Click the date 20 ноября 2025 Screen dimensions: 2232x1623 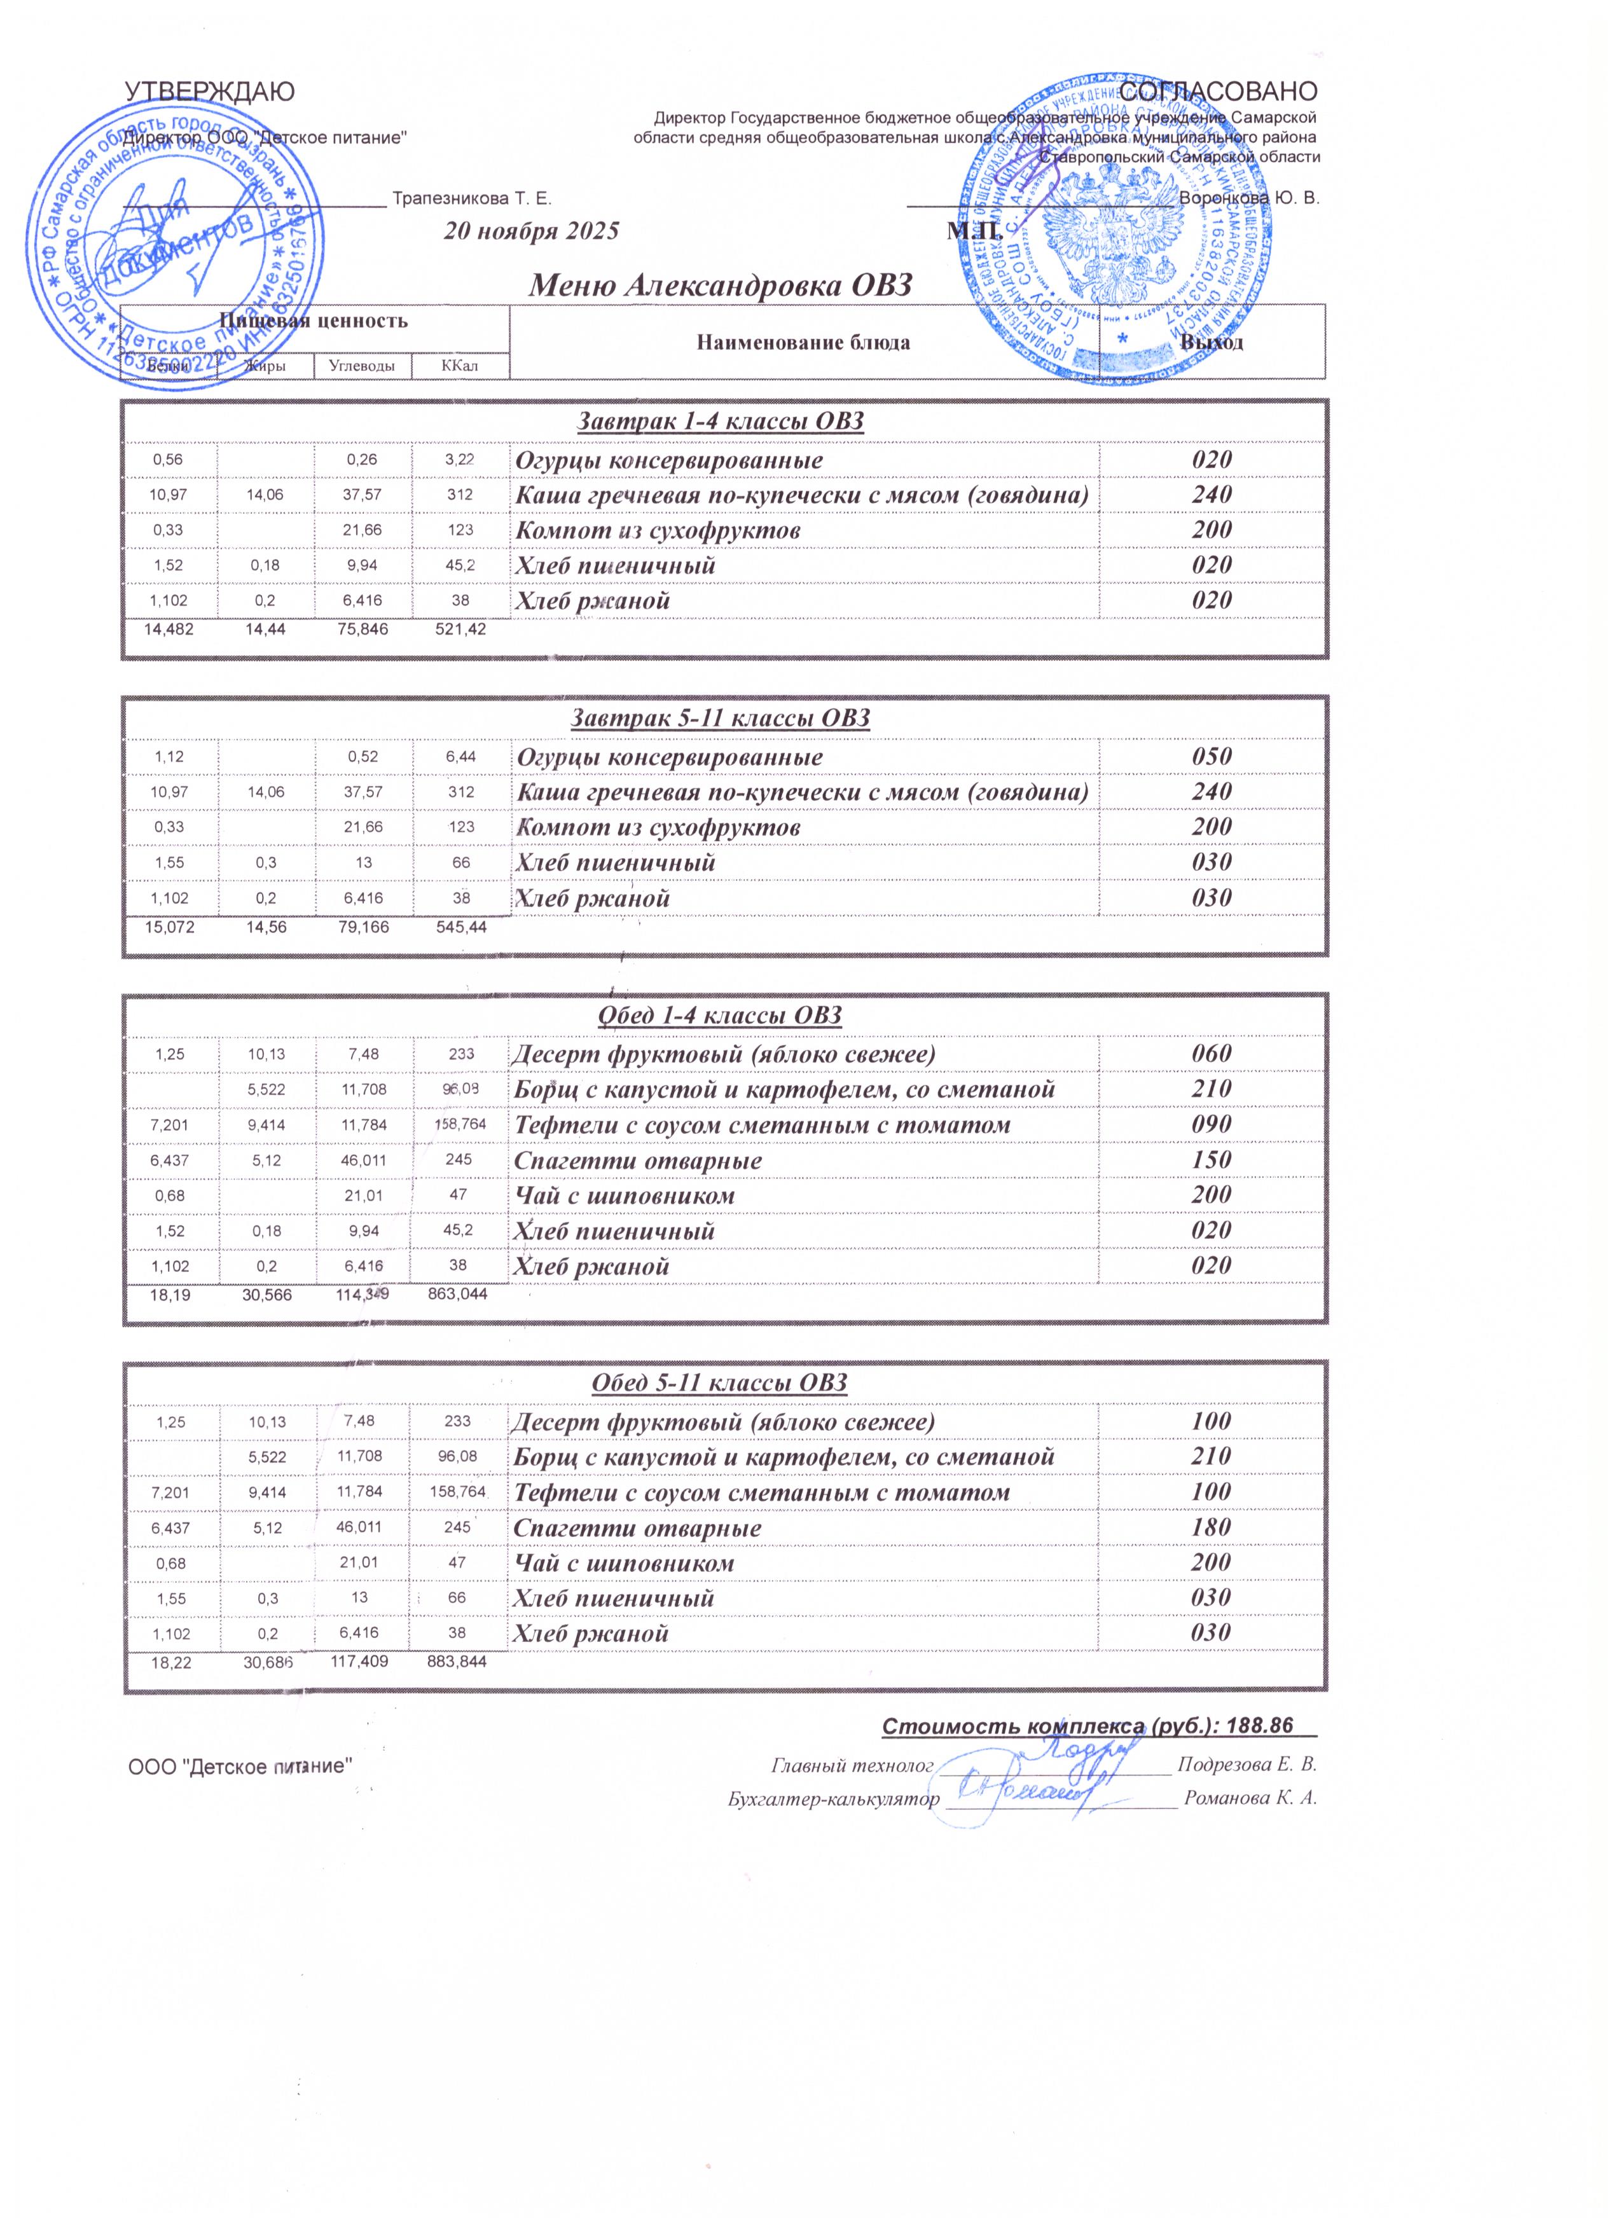(532, 231)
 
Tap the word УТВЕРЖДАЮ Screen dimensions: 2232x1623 (209, 92)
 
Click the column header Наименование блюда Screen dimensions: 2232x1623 (803, 343)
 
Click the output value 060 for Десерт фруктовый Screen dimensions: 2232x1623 (1212, 1054)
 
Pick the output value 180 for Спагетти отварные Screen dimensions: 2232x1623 (1212, 1527)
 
